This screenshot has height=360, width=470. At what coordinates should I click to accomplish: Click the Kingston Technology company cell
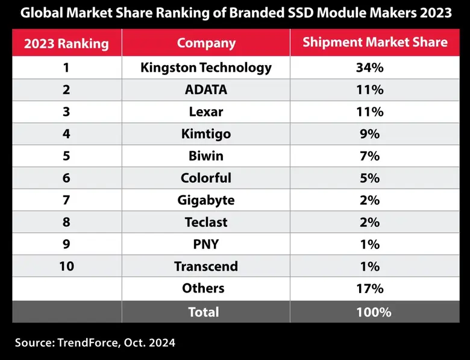(x=206, y=68)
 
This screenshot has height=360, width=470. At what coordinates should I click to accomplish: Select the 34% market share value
(x=369, y=68)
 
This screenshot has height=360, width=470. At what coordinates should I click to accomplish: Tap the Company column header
(x=206, y=43)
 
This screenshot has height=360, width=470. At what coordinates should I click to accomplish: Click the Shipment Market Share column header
(x=375, y=42)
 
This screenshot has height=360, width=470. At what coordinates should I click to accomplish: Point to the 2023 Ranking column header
(x=66, y=43)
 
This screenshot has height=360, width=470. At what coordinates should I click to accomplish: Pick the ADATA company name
(x=206, y=90)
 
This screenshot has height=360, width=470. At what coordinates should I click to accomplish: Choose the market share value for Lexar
(x=369, y=112)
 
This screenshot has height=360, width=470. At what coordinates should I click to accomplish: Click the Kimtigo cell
(x=206, y=134)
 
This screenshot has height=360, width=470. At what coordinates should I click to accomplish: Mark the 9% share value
(x=369, y=134)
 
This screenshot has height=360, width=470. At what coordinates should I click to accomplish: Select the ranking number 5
(x=66, y=156)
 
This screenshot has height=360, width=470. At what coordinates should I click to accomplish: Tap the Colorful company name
(x=206, y=178)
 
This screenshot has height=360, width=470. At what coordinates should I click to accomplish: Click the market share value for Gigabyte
(x=369, y=200)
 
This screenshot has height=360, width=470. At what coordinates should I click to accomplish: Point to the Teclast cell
(x=206, y=222)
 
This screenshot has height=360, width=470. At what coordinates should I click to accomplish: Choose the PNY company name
(x=206, y=244)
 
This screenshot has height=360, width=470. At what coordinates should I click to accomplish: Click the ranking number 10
(x=66, y=266)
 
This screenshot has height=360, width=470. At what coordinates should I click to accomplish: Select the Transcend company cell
(x=206, y=266)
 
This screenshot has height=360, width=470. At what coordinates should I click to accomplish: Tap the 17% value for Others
(x=369, y=288)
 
